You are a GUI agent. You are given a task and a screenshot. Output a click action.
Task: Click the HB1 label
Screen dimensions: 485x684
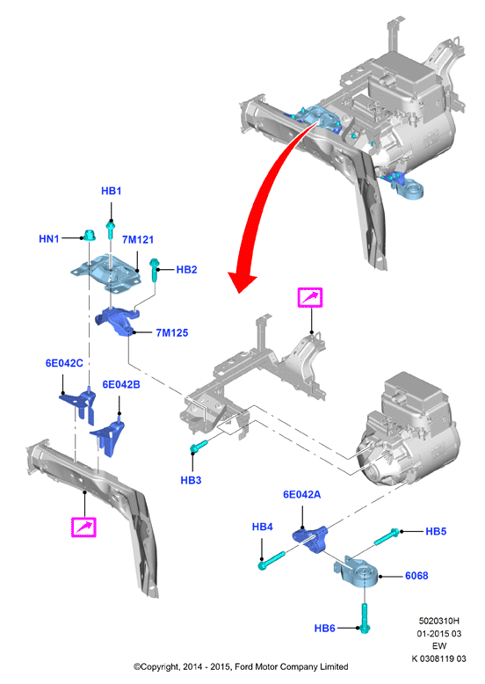[x=111, y=191]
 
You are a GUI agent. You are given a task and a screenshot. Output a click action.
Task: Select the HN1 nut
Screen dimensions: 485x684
[x=90, y=235]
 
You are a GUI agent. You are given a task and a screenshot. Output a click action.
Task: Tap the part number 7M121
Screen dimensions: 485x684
[x=138, y=239]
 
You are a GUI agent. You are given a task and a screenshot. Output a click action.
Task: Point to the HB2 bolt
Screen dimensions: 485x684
[x=155, y=270]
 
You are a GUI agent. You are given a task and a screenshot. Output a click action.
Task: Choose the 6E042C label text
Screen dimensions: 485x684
[x=64, y=363]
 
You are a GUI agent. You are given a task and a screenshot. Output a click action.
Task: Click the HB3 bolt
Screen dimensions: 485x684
[x=199, y=447]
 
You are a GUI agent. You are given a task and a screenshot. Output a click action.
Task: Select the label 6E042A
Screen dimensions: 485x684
[x=301, y=494]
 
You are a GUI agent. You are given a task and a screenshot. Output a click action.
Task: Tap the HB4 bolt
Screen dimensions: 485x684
[x=271, y=561]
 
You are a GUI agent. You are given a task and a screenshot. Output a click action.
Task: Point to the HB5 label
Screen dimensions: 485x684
[x=436, y=531]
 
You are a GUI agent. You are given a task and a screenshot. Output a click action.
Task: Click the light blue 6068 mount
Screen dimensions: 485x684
[x=357, y=572]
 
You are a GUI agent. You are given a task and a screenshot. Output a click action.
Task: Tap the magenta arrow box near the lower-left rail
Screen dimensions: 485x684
[x=83, y=527]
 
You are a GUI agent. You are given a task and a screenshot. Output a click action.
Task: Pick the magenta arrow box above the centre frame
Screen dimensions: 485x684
[x=310, y=297]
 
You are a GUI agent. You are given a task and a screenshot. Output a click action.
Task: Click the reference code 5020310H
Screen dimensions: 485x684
[x=438, y=621]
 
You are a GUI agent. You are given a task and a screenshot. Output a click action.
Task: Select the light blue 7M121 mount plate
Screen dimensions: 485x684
[x=106, y=273]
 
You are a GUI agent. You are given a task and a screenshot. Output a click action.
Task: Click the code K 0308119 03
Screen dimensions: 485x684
[x=438, y=659]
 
